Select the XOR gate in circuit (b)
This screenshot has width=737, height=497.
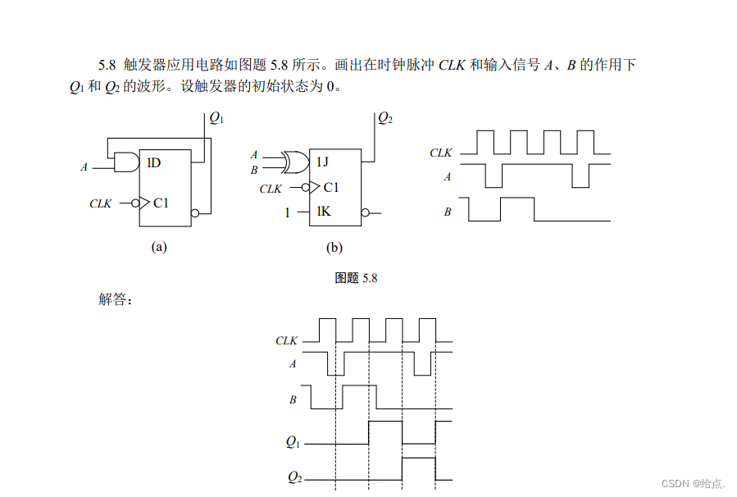point(293,162)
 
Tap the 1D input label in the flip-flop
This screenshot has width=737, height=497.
point(153,162)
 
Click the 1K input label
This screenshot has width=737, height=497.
point(324,212)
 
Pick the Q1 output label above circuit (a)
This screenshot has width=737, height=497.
point(216,118)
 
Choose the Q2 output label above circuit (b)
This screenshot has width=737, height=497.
point(385,118)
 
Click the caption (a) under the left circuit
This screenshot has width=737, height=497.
point(159,246)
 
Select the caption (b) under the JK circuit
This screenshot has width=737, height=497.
point(334,247)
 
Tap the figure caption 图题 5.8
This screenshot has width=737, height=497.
point(357,278)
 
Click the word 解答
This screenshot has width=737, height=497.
point(115,299)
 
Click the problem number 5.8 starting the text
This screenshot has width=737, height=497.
point(108,65)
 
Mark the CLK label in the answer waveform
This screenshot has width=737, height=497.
point(287,340)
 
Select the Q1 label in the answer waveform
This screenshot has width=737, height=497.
point(293,442)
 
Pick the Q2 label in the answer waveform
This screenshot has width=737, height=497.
point(294,476)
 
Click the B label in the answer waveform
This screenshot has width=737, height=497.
point(293,400)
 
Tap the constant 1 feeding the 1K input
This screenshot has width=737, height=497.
point(287,212)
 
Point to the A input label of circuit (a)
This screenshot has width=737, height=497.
point(84,167)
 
